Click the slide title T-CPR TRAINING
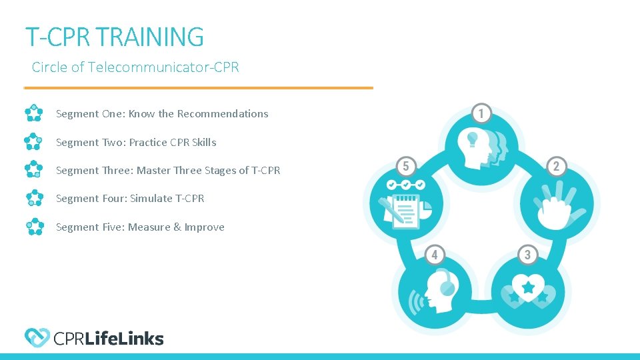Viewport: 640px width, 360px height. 114,37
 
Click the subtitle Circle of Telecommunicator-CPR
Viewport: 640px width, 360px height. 135,67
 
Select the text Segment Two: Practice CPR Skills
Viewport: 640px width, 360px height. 136,142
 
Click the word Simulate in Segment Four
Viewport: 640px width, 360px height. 153,199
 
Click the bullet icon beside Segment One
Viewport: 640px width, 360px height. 34,114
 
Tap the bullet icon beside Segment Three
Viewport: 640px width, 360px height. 34,170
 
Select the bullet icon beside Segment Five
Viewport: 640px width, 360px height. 34,227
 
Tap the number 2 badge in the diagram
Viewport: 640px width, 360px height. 556,165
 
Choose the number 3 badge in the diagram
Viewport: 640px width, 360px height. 527,255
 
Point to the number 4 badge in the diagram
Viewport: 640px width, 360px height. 435,255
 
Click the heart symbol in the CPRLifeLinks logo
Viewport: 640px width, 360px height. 37,338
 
